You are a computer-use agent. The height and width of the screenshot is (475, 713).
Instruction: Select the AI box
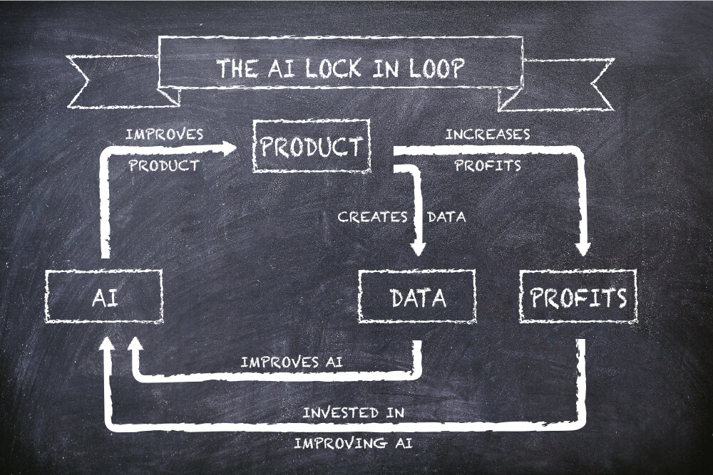(x=104, y=297)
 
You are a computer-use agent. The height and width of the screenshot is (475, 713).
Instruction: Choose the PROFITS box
(x=578, y=297)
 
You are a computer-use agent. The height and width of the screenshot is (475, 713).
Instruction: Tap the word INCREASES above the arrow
(x=488, y=134)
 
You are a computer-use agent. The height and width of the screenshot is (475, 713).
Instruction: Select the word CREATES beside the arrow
(x=373, y=217)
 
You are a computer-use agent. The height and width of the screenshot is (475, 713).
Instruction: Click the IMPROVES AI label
(x=292, y=362)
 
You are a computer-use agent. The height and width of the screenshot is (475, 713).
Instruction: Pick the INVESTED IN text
(x=354, y=412)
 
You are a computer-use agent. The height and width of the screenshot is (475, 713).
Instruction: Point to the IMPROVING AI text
(x=354, y=443)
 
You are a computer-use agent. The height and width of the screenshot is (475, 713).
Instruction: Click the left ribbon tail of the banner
(x=107, y=81)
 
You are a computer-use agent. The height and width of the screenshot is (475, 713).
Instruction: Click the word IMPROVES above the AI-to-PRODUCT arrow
(x=164, y=134)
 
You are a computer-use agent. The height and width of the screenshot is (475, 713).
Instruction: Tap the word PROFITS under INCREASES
(x=488, y=166)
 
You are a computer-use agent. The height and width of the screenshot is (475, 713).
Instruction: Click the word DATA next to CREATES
(x=446, y=217)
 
